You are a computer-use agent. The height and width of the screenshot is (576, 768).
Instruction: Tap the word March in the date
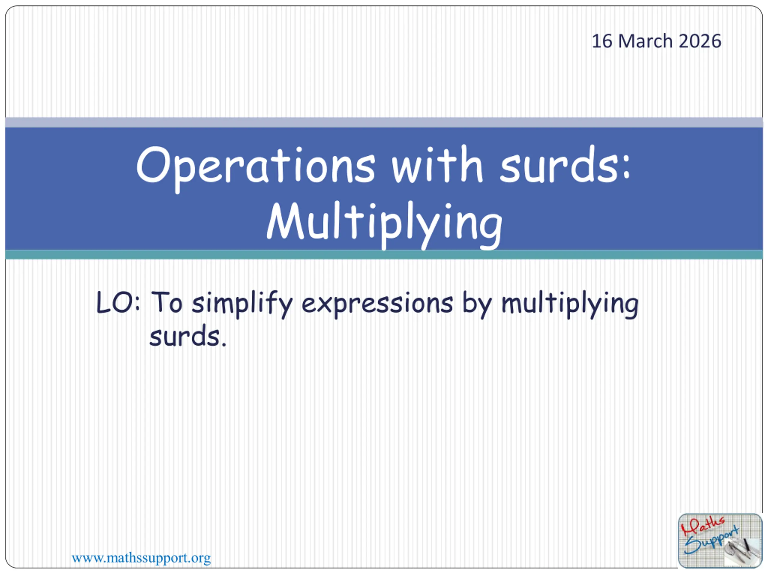point(645,41)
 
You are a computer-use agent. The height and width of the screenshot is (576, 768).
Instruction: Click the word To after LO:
point(167,302)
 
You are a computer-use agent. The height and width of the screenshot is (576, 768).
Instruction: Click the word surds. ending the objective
point(188,336)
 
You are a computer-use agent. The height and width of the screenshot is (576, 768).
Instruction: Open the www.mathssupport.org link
point(141,558)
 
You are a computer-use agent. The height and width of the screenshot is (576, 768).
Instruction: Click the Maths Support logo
point(720,541)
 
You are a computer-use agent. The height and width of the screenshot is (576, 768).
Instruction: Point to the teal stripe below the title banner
point(384,254)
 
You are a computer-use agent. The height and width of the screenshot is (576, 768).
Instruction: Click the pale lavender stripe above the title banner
point(384,122)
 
